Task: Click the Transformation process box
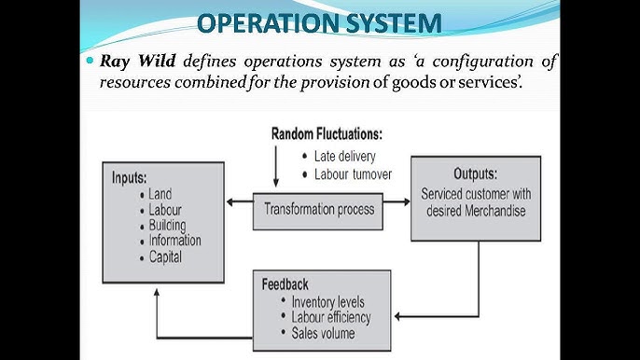click(318, 209)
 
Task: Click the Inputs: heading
click(135, 176)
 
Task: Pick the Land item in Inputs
click(160, 194)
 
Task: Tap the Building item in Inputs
click(167, 225)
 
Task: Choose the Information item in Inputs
click(174, 241)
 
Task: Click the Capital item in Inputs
click(165, 256)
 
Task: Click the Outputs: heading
click(475, 174)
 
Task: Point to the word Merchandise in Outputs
click(493, 211)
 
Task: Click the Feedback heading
click(285, 284)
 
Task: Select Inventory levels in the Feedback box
click(327, 302)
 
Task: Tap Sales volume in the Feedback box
click(324, 333)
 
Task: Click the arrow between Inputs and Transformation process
click(240, 200)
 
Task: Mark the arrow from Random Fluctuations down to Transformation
click(276, 169)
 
